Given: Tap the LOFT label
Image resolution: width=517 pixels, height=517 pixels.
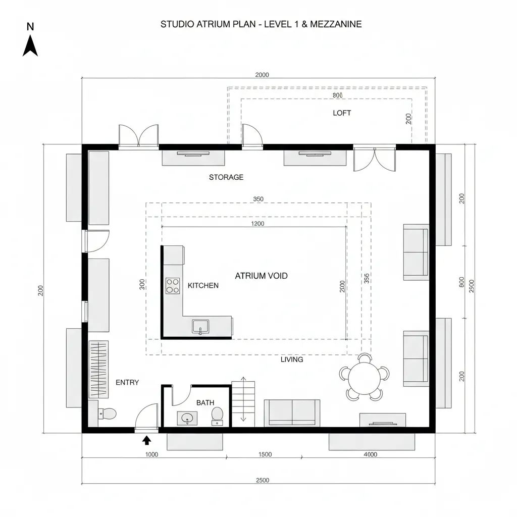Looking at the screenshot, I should click(342, 113).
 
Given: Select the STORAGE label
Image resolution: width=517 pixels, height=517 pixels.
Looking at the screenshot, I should click(226, 177).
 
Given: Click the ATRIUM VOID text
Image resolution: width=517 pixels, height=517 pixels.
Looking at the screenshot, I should click(261, 276).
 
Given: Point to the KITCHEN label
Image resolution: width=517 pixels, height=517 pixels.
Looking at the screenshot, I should click(203, 285).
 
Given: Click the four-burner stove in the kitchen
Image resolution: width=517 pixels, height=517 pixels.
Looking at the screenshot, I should click(173, 286).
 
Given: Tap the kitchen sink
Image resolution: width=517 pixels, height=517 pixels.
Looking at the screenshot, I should click(200, 327).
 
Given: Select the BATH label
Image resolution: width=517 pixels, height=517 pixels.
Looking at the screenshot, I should click(205, 402).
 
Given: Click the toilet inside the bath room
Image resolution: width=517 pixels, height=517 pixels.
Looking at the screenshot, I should click(217, 415).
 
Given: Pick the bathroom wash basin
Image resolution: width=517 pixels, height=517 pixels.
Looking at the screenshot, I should click(187, 418).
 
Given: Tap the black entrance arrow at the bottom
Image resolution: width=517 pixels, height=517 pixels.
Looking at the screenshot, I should click(147, 440).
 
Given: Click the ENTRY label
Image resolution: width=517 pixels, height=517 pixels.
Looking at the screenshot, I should click(127, 382).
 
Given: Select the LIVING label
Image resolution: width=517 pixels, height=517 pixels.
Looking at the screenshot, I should click(292, 359).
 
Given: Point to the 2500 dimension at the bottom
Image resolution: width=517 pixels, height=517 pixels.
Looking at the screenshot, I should click(263, 480).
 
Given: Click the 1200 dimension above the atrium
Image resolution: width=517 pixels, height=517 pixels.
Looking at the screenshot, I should click(257, 224).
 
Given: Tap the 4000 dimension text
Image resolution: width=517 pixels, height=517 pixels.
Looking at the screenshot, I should click(370, 454).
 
